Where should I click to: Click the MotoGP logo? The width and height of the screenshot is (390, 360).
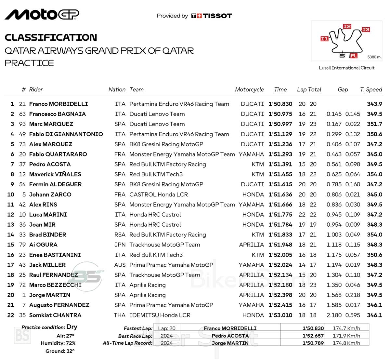coord(42,15)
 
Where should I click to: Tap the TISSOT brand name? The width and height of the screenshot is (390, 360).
coord(217,16)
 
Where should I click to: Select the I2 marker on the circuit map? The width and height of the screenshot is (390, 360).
coord(347,26)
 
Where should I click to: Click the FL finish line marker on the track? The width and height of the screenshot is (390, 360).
coord(353,56)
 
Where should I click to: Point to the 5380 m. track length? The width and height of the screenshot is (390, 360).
coord(374,57)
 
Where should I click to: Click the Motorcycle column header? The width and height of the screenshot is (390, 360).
coord(249,89)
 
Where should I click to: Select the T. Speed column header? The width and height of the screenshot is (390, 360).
coord(371,89)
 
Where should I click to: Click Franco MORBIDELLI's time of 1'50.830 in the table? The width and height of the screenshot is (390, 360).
coord(280,104)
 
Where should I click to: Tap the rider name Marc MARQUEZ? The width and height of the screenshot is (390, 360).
coord(51,124)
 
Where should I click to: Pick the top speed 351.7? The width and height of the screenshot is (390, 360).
coord(374,124)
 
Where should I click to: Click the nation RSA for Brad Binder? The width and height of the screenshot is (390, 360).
coord(120,235)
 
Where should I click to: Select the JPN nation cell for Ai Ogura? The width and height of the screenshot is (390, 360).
coord(120,245)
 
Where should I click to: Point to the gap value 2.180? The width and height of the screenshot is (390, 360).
coord(334,315)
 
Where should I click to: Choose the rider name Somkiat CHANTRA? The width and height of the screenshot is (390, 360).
coord(55,315)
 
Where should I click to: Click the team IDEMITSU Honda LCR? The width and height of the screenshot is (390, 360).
coord(160,315)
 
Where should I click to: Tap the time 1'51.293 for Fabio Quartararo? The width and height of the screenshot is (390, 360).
coord(280,154)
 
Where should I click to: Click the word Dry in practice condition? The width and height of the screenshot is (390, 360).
coord(72,327)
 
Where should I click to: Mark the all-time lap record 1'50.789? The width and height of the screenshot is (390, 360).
coord(313,343)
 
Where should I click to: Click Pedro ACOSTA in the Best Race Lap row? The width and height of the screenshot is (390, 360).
coord(230,336)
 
